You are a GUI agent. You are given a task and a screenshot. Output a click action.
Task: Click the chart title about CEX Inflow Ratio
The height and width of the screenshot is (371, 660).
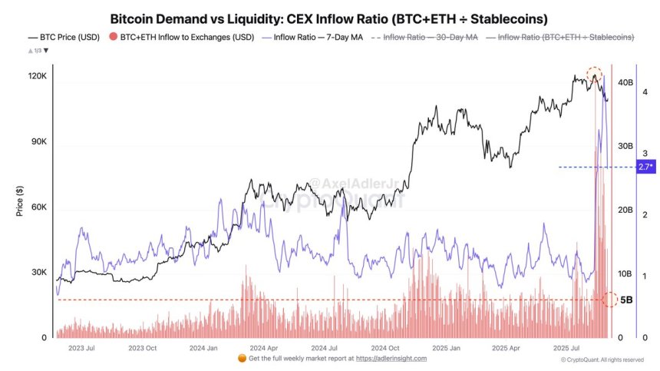pyautogui.click(x=329, y=18)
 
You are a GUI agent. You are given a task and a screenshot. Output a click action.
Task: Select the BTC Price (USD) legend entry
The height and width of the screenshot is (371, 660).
pyautogui.click(x=63, y=37)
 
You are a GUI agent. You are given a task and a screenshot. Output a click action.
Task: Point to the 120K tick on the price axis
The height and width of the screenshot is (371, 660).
pyautogui.click(x=36, y=78)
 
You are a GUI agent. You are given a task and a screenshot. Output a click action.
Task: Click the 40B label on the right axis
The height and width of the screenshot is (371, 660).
pyautogui.click(x=624, y=82)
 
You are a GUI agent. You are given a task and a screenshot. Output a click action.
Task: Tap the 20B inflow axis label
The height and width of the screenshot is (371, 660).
pyautogui.click(x=624, y=210)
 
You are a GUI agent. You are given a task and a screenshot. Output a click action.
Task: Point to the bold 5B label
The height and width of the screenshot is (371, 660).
pyautogui.click(x=626, y=300)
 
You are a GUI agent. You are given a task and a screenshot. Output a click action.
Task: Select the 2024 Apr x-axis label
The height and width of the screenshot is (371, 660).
pyautogui.click(x=262, y=348)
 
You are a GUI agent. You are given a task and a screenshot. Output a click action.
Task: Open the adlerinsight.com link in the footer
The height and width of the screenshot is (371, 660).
pyautogui.click(x=391, y=359)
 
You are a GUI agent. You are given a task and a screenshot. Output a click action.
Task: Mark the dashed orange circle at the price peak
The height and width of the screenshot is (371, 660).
pyautogui.click(x=594, y=75)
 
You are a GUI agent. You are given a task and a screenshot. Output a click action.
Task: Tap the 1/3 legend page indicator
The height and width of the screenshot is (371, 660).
pyautogui.click(x=37, y=51)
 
